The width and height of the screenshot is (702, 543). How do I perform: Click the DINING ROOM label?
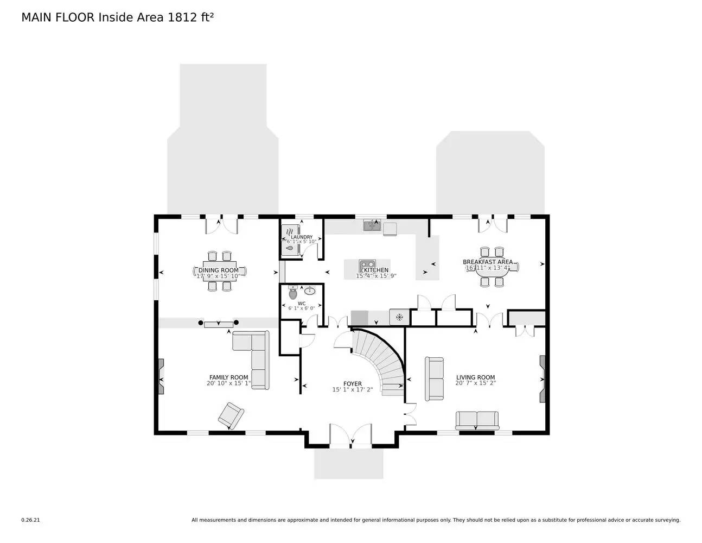click(x=219, y=270)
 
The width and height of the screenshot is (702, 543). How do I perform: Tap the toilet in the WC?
click(x=293, y=293)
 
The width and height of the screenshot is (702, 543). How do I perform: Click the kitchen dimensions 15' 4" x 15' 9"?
click(x=376, y=276)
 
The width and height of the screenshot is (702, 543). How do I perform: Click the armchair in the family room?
click(x=231, y=416)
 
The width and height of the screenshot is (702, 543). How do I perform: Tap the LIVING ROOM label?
click(x=475, y=377)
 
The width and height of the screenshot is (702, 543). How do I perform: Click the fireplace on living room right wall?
click(x=542, y=379)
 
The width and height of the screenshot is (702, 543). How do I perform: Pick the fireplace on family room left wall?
click(x=161, y=376)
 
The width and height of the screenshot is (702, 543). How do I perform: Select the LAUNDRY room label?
click(x=302, y=237)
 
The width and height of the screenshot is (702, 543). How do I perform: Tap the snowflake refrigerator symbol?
click(x=399, y=317)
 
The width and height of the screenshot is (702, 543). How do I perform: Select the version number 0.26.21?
click(x=30, y=520)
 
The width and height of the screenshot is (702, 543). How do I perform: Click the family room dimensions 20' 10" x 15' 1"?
click(x=228, y=383)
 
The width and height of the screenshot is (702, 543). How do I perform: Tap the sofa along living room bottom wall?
click(x=477, y=420)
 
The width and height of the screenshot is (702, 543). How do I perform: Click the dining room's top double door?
click(x=221, y=225)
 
